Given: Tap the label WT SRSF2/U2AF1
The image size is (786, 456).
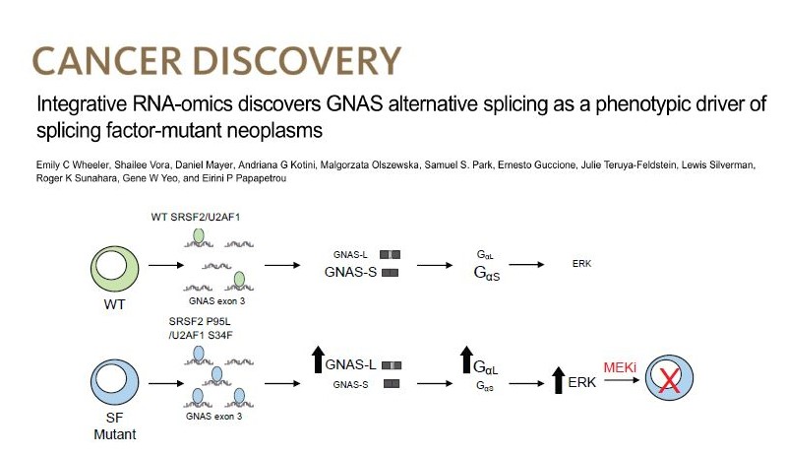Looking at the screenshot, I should (x=195, y=217).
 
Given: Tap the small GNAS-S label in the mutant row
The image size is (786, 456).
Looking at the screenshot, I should (x=351, y=383).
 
